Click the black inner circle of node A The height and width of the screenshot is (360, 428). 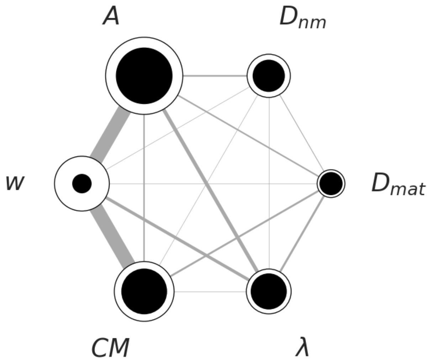144,76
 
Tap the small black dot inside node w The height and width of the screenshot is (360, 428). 82,184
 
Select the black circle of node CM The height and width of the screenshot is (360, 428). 144,291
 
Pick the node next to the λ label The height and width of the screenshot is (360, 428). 269,291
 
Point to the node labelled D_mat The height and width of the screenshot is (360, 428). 331,184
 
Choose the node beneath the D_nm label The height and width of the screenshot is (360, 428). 269,76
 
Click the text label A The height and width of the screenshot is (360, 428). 111,17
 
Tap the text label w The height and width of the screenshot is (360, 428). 15,183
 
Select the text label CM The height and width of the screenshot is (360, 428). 110,348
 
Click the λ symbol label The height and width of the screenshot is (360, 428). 302,348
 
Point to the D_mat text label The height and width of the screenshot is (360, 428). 398,184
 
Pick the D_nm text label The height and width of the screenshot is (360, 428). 302,18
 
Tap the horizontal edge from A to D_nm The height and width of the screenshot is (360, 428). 215,76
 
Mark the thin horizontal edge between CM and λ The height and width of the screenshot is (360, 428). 210,292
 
